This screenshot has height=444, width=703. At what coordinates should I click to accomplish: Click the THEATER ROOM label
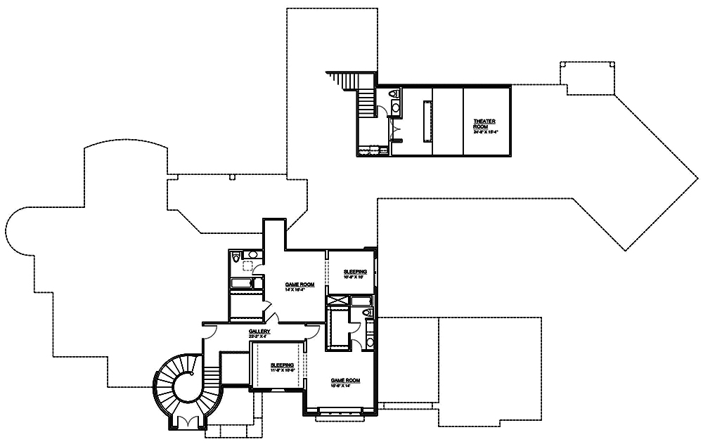[x=484, y=124]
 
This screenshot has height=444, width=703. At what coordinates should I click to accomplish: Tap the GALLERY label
[x=259, y=332]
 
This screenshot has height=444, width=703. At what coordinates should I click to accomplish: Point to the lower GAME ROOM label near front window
[x=345, y=380]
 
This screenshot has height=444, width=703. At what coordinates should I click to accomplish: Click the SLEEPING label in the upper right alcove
[x=355, y=271]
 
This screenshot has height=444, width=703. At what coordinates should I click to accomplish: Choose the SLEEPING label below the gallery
[x=282, y=365]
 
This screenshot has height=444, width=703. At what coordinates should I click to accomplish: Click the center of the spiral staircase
[x=189, y=385]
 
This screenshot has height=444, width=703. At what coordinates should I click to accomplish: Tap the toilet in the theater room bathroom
[x=394, y=93]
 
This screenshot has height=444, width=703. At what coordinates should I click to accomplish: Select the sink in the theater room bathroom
[x=395, y=108]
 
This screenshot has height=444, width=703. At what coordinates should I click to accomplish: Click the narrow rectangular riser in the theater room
[x=425, y=121]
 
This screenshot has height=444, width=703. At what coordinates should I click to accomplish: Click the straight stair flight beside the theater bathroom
[x=365, y=105]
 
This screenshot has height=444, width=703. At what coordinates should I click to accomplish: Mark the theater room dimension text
[x=484, y=131]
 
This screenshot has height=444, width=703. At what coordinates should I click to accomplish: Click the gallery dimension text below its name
[x=259, y=337]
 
